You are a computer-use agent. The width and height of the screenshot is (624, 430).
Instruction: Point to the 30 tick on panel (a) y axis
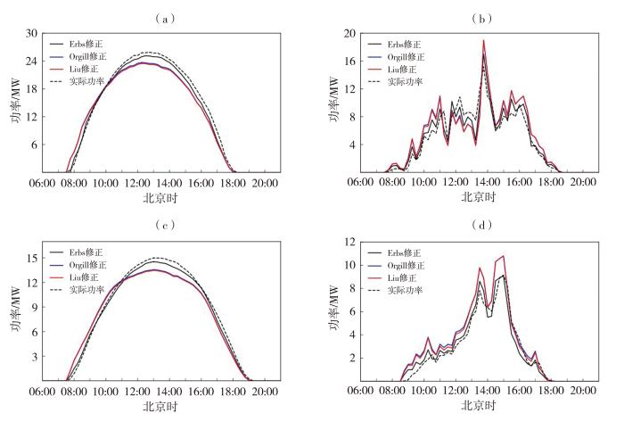[x=31, y=33]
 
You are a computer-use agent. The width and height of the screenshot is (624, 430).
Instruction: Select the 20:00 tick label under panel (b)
[x=583, y=182]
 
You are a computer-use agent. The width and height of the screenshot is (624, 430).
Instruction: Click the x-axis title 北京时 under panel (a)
[x=152, y=196]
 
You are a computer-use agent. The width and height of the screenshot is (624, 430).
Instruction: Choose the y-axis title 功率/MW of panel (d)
[x=333, y=312]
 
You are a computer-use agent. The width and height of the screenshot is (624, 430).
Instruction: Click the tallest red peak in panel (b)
[x=484, y=40]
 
